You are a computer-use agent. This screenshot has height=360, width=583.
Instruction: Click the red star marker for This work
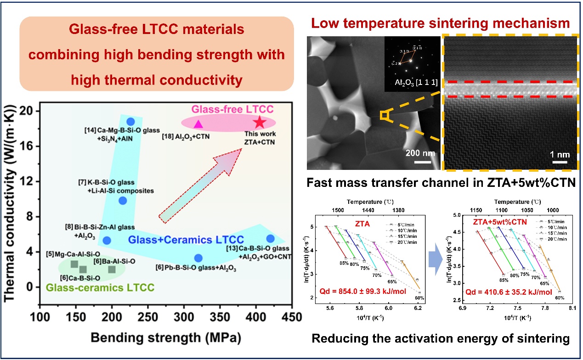click(260, 122)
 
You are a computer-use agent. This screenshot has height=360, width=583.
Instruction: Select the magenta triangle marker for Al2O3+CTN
click(198, 124)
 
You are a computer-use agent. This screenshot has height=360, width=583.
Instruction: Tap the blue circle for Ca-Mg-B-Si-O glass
click(130, 121)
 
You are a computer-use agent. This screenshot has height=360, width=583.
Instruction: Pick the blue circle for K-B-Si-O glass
click(123, 200)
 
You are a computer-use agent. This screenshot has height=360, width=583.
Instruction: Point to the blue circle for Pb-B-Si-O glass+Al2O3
click(198, 258)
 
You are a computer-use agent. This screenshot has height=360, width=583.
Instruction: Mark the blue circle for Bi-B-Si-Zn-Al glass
click(107, 240)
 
